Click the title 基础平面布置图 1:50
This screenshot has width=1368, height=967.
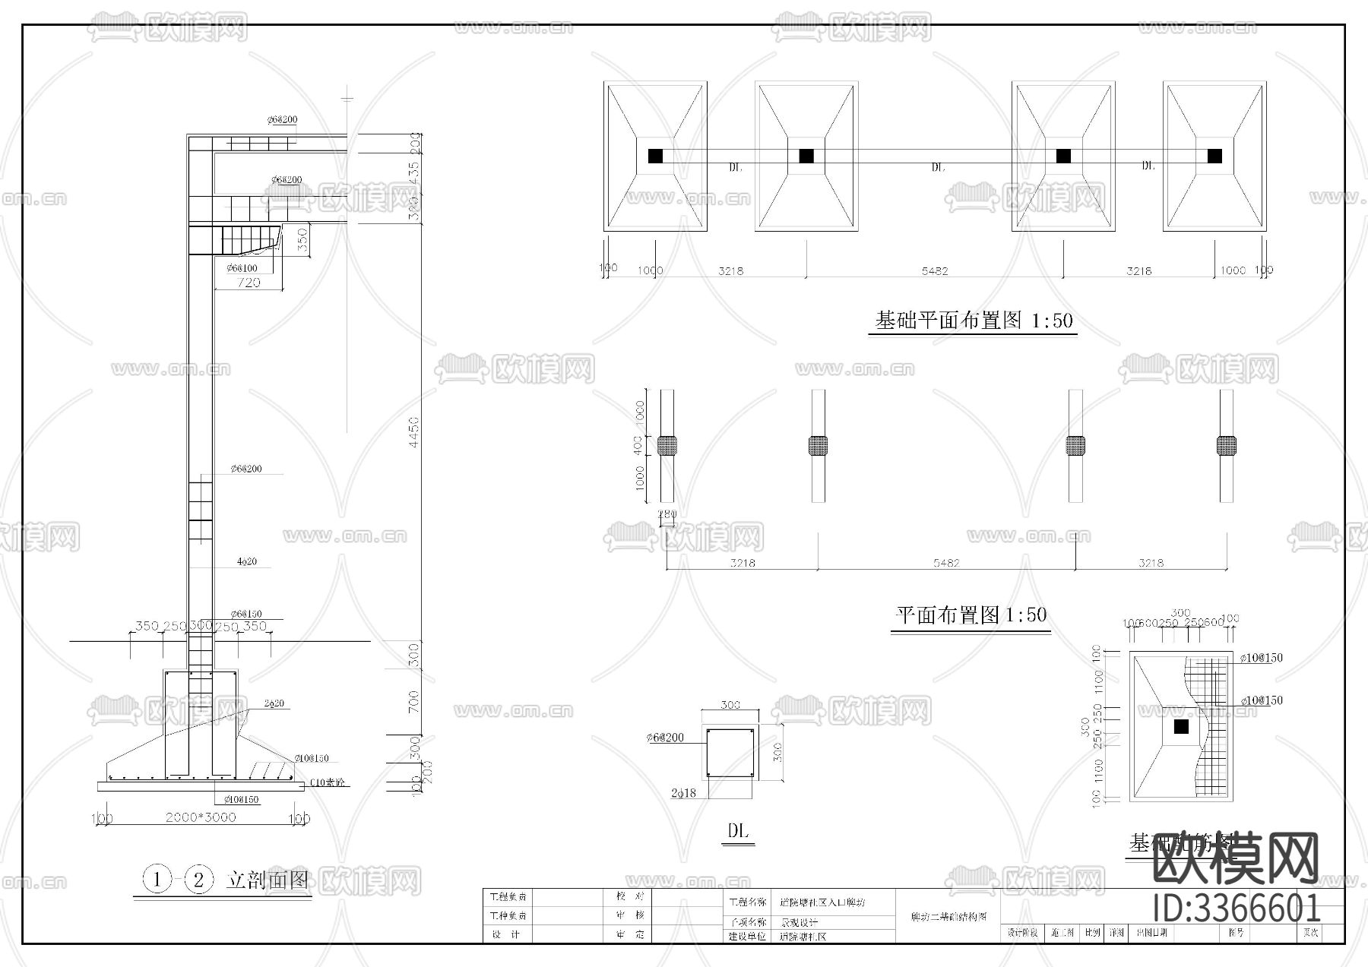[x=974, y=321]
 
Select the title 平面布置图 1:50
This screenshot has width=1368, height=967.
[x=971, y=615]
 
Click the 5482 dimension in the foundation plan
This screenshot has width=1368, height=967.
[x=934, y=270]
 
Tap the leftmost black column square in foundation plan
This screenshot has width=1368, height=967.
[x=655, y=156]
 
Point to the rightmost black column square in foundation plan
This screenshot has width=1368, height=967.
[x=1214, y=156]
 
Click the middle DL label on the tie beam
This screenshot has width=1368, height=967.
[x=938, y=167]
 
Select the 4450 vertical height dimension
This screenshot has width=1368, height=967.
[x=414, y=431]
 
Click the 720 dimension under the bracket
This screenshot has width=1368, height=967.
[x=249, y=283]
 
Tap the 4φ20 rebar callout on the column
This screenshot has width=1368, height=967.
[x=247, y=561]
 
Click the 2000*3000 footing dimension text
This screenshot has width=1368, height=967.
[x=201, y=817]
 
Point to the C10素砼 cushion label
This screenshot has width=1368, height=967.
[x=329, y=782]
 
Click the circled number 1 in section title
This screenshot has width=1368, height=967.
[x=157, y=880]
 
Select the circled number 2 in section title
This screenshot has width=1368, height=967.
[x=199, y=880]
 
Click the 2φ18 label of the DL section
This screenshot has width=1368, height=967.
[x=683, y=793]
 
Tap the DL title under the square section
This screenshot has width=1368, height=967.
[x=737, y=831]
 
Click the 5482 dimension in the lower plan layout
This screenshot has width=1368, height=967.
[x=946, y=563]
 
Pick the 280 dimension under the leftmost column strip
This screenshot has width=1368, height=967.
[x=667, y=514]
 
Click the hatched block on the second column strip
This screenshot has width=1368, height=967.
[x=818, y=445]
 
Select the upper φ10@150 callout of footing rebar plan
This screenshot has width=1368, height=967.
[x=1261, y=658]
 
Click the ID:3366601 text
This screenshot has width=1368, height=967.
[x=1237, y=909]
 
